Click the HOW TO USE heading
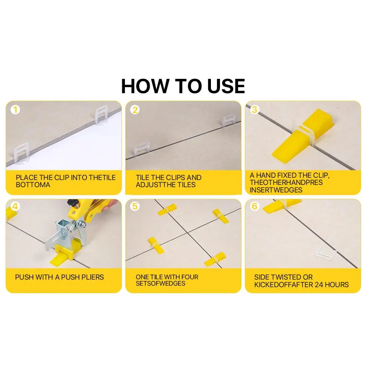click(x=183, y=86)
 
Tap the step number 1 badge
click(x=15, y=110)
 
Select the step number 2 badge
click(x=135, y=110)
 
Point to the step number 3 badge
click(x=255, y=110)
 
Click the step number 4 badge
click(x=15, y=206)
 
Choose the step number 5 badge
click(x=135, y=206)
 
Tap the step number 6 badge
click(x=255, y=206)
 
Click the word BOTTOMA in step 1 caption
click(x=33, y=185)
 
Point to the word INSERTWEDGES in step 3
click(x=276, y=190)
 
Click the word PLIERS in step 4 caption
click(x=92, y=277)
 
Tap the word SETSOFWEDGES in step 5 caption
click(x=161, y=283)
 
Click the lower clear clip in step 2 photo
click(x=141, y=149)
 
